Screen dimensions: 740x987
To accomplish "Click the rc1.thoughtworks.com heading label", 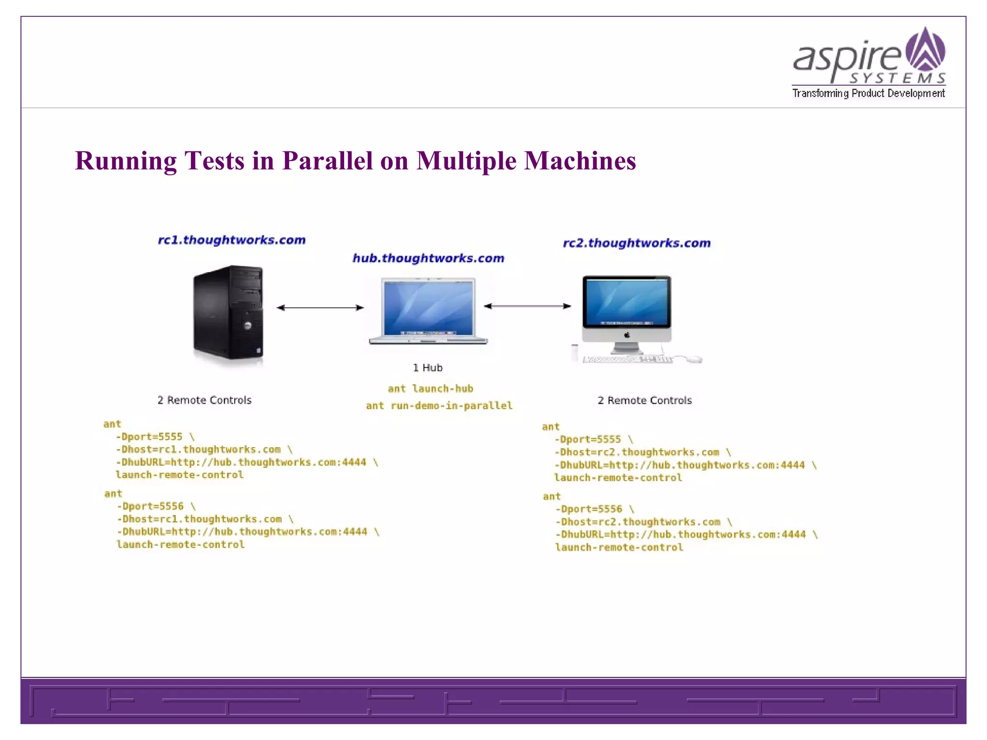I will [232, 240].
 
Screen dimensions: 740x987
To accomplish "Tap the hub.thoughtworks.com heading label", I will [428, 258].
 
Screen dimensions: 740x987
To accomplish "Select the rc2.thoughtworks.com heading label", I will [637, 243].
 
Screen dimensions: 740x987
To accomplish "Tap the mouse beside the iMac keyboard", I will [694, 359].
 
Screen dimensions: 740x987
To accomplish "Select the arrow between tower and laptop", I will [320, 307].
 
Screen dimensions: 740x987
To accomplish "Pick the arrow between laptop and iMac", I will [527, 306].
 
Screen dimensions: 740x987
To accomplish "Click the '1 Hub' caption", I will [427, 368].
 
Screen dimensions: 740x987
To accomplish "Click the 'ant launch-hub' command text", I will [430, 389].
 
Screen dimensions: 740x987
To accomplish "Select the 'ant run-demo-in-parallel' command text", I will [439, 406].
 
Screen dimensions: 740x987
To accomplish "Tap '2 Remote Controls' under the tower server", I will [204, 400].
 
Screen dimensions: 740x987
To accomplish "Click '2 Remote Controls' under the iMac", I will [644, 400].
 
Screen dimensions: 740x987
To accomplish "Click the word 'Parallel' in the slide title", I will [328, 160].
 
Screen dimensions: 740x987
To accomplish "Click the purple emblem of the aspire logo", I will [925, 49].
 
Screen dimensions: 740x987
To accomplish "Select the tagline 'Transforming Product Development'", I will [868, 93].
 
